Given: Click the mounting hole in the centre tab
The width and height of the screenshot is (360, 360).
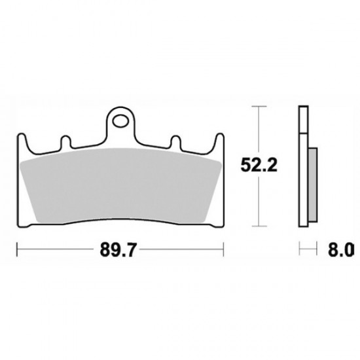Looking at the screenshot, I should (x=121, y=120).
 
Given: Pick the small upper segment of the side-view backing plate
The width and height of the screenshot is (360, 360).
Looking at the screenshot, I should (x=302, y=118).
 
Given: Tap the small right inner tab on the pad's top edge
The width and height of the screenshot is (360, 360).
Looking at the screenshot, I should (x=176, y=141).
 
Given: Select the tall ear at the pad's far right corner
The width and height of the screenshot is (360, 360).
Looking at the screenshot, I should (x=219, y=140).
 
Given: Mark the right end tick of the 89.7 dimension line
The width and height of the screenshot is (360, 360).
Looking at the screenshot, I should (x=225, y=249).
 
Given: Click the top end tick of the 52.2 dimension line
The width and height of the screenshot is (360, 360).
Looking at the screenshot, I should (x=261, y=106).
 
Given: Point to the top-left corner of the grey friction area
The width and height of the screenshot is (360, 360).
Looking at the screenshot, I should (x=22, y=161).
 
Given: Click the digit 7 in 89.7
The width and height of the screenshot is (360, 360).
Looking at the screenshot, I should (x=133, y=249).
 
